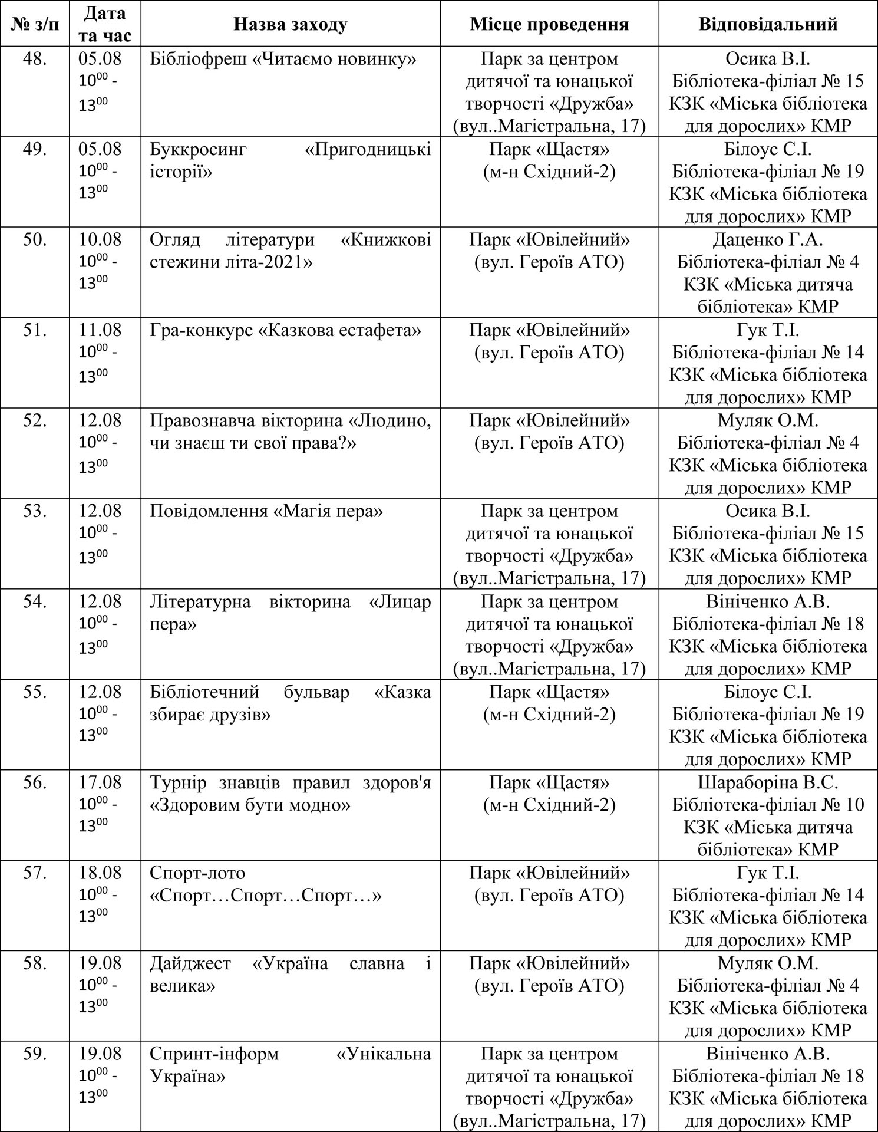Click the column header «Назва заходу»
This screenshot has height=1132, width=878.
pos(290,24)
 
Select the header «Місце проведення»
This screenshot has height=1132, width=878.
pos(549,24)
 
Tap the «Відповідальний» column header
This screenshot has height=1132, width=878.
pos(768,24)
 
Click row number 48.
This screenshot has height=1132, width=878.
pos(35,60)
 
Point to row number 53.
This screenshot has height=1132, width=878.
pos(35,511)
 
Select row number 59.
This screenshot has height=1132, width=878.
pos(35,1054)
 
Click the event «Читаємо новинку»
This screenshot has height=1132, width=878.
pos(283,60)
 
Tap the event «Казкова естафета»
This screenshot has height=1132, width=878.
pos(285,331)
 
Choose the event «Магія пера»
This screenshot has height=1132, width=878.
pos(266,511)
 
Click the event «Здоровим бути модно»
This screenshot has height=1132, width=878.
pos(250,805)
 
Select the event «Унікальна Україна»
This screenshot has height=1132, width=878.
pos(290,1065)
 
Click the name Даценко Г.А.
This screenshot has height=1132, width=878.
pos(768,240)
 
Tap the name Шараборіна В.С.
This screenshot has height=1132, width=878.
pos(768,782)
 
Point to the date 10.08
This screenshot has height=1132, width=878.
pos(100,240)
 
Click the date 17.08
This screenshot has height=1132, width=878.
pos(100,782)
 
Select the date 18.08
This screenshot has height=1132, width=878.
pos(100,873)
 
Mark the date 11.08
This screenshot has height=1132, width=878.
pos(100,331)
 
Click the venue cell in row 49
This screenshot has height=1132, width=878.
pos(549,160)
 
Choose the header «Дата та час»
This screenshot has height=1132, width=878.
pos(104,24)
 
